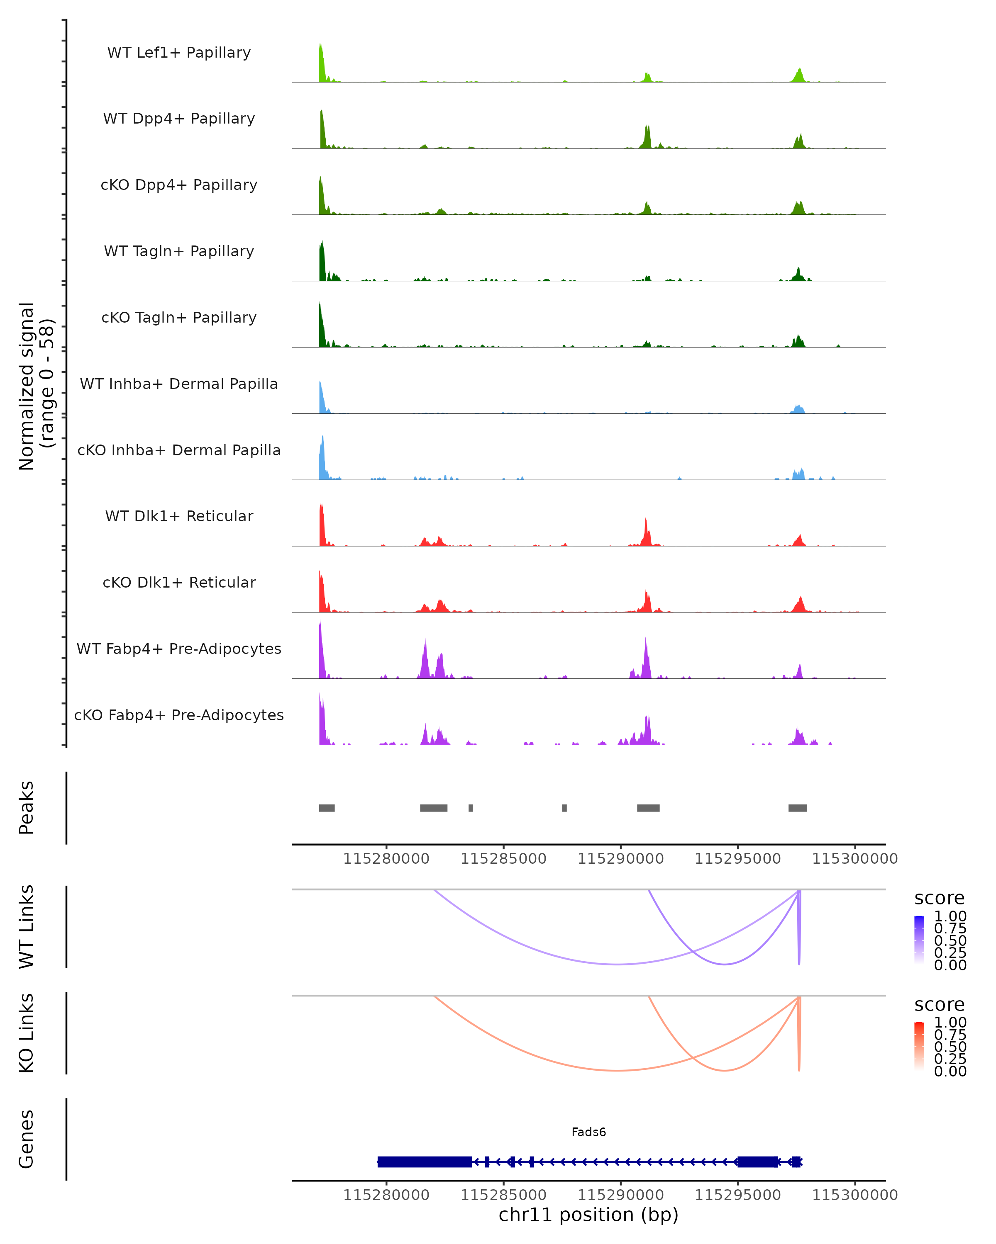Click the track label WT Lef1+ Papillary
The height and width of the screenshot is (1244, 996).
click(179, 53)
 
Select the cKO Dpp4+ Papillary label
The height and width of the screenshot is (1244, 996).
click(179, 185)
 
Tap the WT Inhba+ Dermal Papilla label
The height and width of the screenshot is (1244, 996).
click(179, 384)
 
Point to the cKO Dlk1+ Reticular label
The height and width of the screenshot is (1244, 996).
click(179, 583)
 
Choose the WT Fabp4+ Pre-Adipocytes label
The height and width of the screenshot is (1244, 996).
click(179, 649)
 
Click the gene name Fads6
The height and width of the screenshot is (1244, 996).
click(588, 1132)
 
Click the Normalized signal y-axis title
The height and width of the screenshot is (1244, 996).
click(36, 386)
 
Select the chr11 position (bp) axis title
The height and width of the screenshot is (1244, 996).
click(588, 1215)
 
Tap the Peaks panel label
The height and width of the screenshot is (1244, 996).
click(27, 808)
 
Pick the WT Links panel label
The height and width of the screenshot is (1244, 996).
click(27, 927)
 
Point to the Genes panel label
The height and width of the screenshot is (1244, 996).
click(27, 1139)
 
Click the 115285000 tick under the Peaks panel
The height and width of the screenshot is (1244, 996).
click(503, 859)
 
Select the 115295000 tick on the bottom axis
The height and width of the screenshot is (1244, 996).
click(737, 1194)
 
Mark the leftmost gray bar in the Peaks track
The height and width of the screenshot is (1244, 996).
click(327, 808)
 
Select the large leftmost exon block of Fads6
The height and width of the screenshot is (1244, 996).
click(425, 1161)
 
